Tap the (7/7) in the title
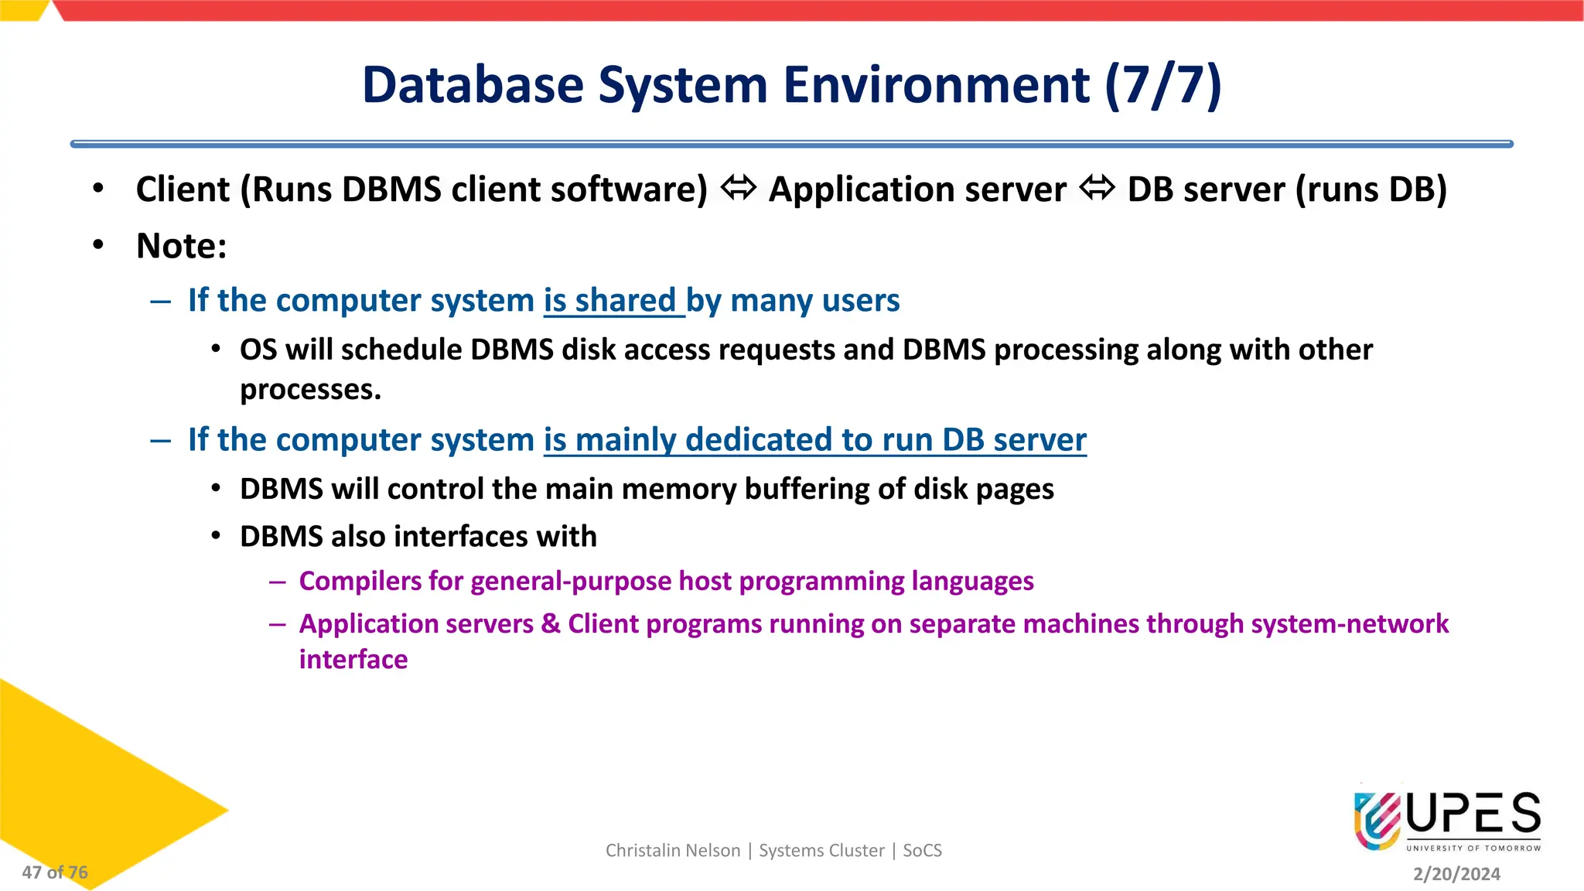tap(1163, 85)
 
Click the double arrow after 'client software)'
tap(738, 188)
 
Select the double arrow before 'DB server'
tap(1097, 188)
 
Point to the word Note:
tap(182, 246)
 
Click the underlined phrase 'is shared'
tap(610, 300)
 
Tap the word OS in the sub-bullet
tap(258, 350)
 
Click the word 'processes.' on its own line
tap(310, 390)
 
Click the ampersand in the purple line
tap(551, 623)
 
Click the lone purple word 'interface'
tap(353, 660)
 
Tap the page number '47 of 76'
tap(55, 872)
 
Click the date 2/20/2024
tap(1456, 874)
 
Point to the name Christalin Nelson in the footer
tap(672, 851)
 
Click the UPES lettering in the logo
tap(1473, 814)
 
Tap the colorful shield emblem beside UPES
tap(1377, 820)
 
